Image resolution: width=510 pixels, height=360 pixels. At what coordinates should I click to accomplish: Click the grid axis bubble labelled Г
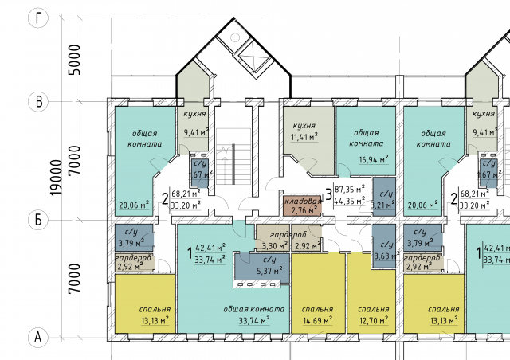coord(38,18)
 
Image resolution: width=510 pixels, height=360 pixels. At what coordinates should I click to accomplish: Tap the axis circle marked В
coord(38,101)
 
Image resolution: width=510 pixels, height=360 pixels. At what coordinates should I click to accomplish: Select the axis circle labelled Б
coord(38,220)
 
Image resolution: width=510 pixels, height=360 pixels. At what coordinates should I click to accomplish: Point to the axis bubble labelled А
coord(38,337)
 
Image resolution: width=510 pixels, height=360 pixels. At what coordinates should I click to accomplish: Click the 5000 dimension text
coord(74,60)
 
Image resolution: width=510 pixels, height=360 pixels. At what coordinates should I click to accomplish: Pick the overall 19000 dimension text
coord(56,178)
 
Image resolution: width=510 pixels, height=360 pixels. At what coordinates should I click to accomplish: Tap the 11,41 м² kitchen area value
coord(304,137)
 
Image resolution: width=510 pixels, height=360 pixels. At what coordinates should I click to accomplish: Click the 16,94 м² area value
coord(374,159)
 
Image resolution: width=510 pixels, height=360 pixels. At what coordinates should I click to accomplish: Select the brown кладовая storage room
coord(303,205)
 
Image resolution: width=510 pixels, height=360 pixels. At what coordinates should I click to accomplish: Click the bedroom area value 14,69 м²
coord(317,321)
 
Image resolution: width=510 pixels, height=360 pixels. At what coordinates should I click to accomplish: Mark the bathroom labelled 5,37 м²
coord(262,268)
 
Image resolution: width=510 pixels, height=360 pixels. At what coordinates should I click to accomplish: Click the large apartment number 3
coord(329,194)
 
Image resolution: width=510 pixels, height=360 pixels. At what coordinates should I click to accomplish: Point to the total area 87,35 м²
coord(350,190)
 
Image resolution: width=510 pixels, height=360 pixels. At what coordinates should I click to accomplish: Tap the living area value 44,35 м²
coord(350,201)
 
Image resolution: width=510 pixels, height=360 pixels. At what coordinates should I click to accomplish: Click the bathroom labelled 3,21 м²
coord(384,197)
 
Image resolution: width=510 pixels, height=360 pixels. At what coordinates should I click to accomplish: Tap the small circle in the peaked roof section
coord(235,37)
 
